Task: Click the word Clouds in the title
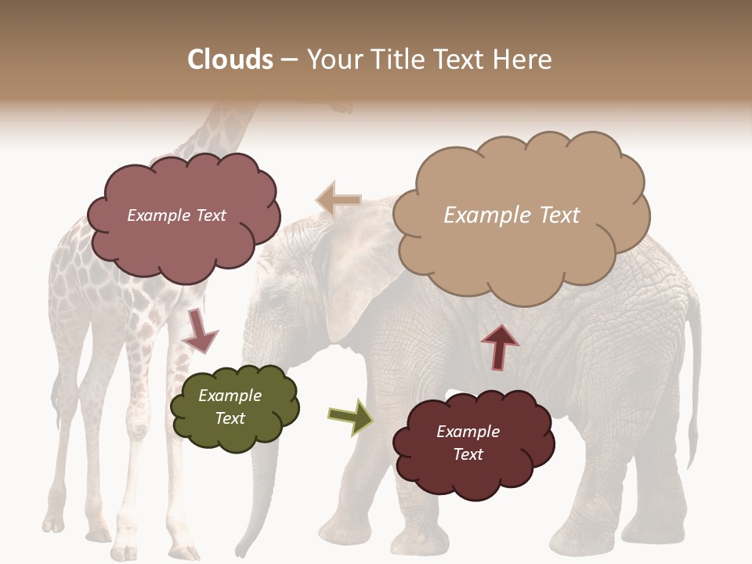pyautogui.click(x=230, y=60)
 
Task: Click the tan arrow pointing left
pyautogui.click(x=338, y=201)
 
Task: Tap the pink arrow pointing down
pyautogui.click(x=199, y=330)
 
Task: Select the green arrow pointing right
pyautogui.click(x=351, y=416)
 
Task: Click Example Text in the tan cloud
pyautogui.click(x=512, y=215)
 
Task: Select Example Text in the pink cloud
pyautogui.click(x=176, y=215)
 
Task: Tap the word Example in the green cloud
pyautogui.click(x=230, y=396)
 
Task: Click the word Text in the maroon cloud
pyautogui.click(x=468, y=454)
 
